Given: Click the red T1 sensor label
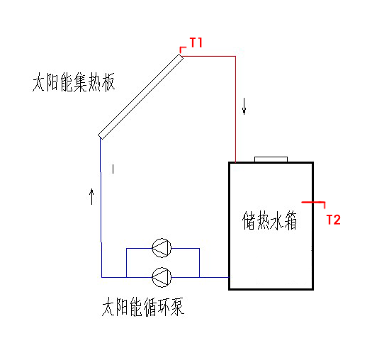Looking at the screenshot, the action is coord(196,43).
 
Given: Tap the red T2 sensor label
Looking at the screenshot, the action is coord(333,220).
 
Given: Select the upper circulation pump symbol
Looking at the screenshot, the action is coord(162,248).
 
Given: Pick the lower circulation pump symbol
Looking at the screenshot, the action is coord(162,277).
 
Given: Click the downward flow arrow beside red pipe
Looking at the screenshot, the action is coord(244,106).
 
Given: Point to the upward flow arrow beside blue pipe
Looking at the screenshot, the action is coord(92,196).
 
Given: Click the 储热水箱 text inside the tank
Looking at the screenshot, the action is coord(269,220).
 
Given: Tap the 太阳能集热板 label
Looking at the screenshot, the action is coord(74,82).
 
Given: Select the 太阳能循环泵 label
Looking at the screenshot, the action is coord(143,307).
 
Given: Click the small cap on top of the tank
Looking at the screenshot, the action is coord(271,159).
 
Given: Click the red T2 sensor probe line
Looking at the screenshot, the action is coord(313,203).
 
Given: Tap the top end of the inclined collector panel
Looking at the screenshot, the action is coord(181,56).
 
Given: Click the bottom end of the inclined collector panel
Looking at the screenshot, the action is coord(101,137).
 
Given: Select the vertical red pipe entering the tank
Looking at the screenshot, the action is coord(235,109).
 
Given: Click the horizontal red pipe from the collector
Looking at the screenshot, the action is coord(209,56).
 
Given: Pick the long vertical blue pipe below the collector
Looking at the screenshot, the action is coord(101,207).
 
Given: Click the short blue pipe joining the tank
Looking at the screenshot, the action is coord(214,277).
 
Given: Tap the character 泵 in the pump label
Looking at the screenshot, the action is coord(177,307).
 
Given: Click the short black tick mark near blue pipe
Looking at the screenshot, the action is coord(113,169).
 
